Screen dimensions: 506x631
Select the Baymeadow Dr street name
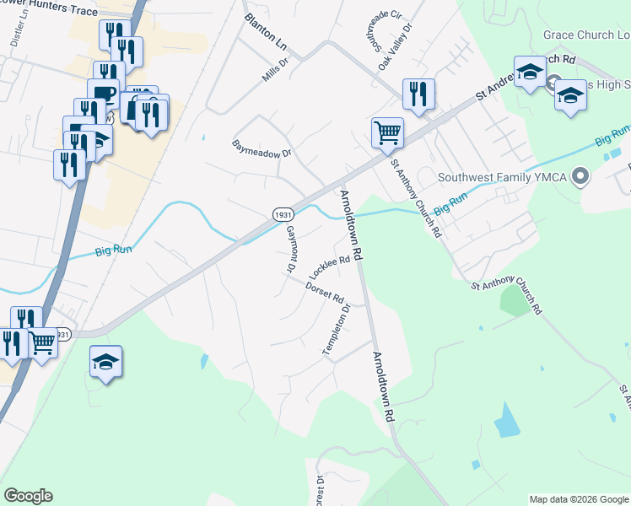[262, 148]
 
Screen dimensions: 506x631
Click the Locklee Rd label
[329, 268]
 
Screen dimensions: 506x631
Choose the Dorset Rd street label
[326, 293]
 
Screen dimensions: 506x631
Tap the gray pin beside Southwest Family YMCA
[580, 177]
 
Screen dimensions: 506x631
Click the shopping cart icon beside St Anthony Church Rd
[387, 132]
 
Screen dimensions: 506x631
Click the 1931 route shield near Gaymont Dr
[283, 215]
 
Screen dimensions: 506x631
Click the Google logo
[28, 496]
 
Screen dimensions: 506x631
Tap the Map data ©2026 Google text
[578, 499]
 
